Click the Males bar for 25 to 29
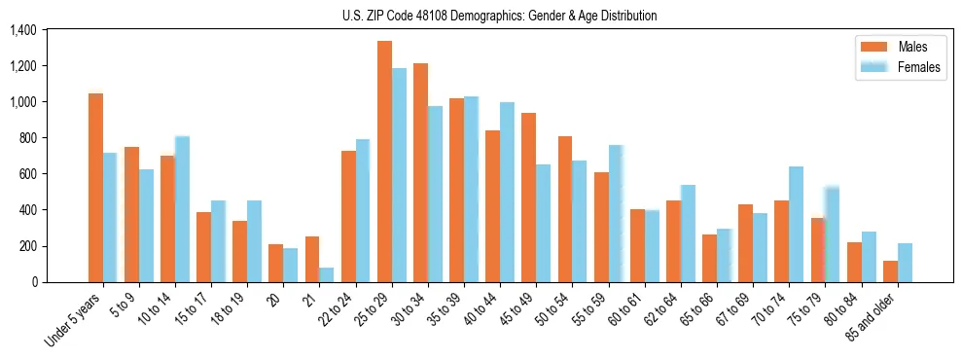[x=384, y=162]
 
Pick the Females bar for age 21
[x=327, y=274]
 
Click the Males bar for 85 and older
[x=890, y=271]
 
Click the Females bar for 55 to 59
[x=616, y=213]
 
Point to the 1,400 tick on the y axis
[x=22, y=30]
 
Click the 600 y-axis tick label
[x=27, y=174]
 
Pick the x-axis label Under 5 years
[x=74, y=319]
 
